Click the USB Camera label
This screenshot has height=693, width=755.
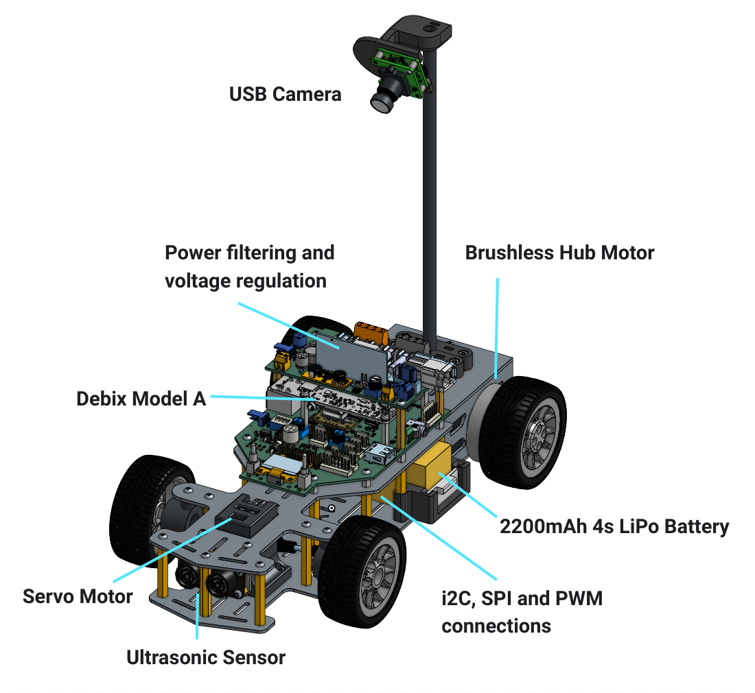285,93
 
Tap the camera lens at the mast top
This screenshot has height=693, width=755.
382,100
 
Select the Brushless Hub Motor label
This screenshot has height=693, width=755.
559,252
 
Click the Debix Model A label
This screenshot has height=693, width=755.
141,398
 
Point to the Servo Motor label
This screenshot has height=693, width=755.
78,596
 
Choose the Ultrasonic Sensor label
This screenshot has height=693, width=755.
206,657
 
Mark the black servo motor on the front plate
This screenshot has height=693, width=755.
247,517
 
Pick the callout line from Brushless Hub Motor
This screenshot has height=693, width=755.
496,322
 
